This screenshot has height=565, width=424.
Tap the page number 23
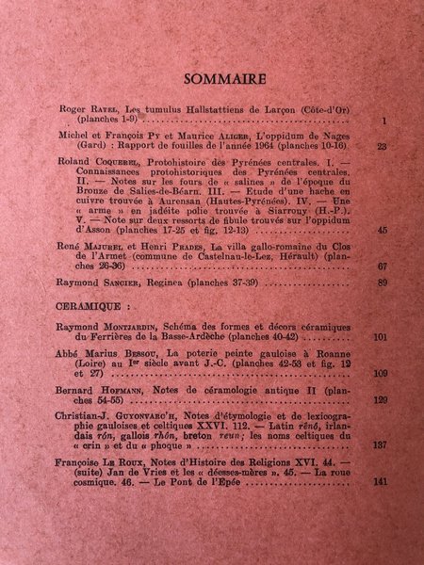[x=382, y=147]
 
